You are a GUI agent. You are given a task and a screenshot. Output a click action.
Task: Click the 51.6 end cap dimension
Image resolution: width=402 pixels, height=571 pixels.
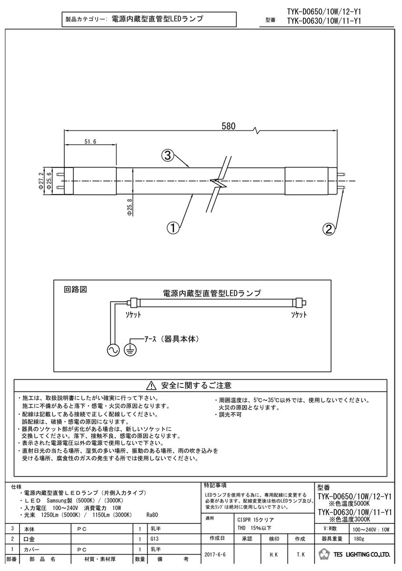[90, 142]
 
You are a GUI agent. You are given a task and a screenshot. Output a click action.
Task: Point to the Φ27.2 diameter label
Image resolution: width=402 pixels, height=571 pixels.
[41, 181]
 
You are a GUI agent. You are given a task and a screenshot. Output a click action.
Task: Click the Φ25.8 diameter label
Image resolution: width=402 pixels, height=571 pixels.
[129, 208]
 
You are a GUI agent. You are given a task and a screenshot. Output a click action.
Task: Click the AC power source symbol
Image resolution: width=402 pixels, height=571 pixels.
[114, 350]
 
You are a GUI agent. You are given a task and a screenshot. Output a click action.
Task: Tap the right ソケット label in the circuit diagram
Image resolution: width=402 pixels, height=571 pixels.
[299, 315]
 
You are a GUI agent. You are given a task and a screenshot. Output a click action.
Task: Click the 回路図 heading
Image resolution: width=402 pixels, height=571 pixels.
[72, 289]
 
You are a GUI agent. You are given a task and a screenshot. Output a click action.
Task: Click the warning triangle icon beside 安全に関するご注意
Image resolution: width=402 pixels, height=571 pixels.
[151, 385]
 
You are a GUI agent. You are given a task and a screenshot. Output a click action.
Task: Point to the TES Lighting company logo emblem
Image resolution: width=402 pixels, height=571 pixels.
[324, 555]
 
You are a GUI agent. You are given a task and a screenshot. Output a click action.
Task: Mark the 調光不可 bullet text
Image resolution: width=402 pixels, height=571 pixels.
[231, 415]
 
